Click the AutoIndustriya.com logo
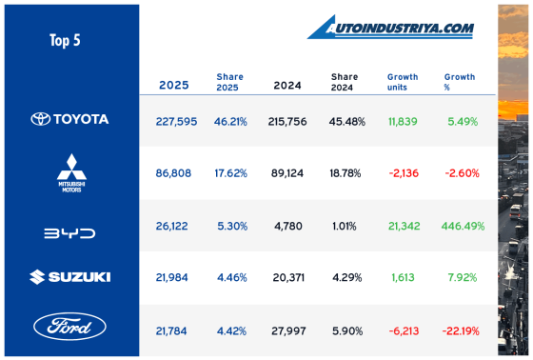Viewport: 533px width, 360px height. (390, 29)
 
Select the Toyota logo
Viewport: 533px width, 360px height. (69, 119)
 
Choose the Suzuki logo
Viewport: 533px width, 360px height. (69, 277)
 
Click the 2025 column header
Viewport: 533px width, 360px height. (174, 85)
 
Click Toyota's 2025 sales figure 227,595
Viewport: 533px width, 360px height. (175, 120)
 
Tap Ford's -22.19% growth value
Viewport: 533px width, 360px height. (461, 330)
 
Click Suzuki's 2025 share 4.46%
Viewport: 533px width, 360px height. (231, 278)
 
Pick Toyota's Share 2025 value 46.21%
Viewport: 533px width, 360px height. (231, 120)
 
